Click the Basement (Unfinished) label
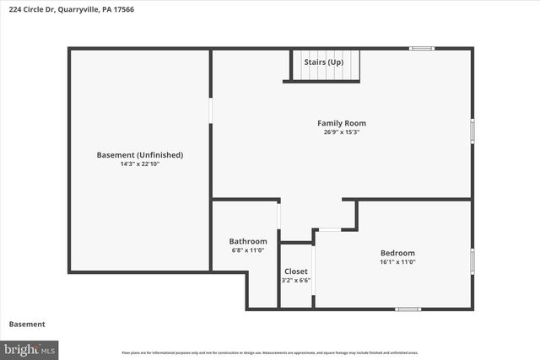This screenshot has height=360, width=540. pos(140,155)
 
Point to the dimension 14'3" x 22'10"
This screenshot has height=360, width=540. pos(140,164)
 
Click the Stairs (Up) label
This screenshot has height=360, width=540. pos(324,62)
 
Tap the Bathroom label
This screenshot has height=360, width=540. pos(248,241)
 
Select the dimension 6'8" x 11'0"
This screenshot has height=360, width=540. pos(248,250)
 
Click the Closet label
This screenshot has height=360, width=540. pos(295,271)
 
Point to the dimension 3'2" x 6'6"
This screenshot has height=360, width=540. pos(295,281)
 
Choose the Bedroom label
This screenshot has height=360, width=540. pos(397,253)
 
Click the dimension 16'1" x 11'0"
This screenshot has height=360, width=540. pos(397,262)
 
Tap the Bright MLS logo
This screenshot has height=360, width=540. pos(30,348)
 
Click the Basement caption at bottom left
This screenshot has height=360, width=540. pos(27,325)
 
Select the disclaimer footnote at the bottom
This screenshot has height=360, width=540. pos(270,352)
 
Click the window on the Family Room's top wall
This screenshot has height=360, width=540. pos(422,48)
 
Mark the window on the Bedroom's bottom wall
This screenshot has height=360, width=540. pos(408,309)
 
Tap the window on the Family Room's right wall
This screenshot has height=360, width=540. pos(472,131)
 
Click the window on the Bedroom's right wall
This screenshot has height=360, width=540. pos(472,261)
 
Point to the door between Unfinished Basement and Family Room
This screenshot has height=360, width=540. pos(211,111)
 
